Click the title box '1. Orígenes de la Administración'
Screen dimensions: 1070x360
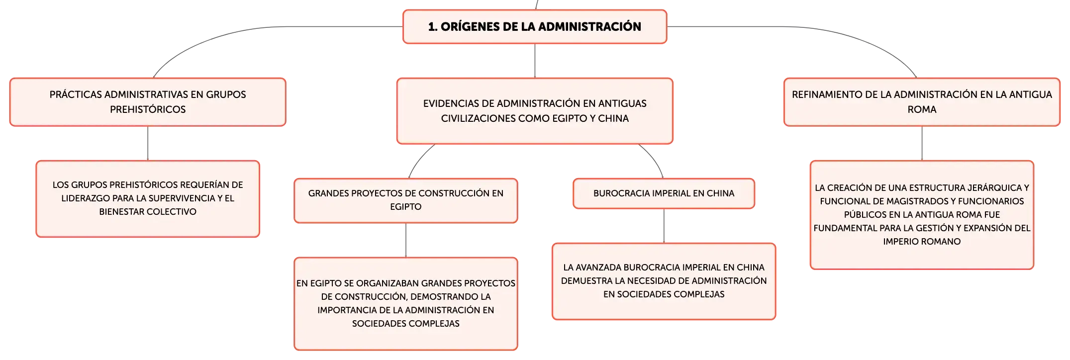point(535,27)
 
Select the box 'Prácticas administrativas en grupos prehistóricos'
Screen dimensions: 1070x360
point(148,102)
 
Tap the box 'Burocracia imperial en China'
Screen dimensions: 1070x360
point(664,193)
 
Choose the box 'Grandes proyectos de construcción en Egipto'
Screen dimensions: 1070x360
point(406,200)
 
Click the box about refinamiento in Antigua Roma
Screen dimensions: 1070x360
point(922,102)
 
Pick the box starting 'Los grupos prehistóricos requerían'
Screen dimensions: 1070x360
point(148,199)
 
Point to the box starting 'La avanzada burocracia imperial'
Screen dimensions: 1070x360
point(664,281)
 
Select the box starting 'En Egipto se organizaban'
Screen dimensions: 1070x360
point(406,304)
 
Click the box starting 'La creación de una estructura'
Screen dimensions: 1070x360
point(922,215)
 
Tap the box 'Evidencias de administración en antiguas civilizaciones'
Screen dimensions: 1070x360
point(535,111)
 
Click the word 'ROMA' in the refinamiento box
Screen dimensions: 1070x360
point(922,109)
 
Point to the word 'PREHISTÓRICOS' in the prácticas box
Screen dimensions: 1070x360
point(148,109)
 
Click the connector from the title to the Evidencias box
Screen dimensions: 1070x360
point(535,61)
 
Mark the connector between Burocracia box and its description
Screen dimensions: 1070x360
point(664,226)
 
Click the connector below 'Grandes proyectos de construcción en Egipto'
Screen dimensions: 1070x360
point(406,240)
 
